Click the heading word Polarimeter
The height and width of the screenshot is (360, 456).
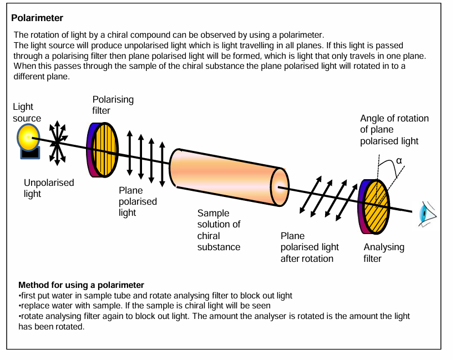[37, 18]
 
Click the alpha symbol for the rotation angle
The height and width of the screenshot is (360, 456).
[398, 161]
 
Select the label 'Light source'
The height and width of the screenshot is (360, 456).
[27, 113]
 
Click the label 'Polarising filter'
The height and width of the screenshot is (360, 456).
[113, 105]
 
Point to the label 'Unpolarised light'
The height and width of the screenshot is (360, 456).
[49, 188]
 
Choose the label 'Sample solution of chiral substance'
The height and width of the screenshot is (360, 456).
[219, 230]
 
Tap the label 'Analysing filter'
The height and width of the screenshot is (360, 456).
[384, 252]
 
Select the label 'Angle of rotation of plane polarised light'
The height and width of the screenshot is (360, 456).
[394, 130]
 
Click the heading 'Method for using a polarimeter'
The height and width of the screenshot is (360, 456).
[81, 285]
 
